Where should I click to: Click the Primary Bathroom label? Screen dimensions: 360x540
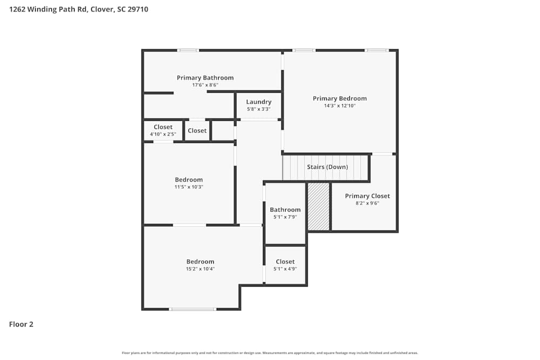(205, 78)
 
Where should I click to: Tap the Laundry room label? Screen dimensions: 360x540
(259, 102)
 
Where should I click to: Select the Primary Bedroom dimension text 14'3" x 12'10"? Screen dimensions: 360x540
(340, 106)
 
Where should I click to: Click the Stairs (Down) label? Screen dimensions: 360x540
(327, 167)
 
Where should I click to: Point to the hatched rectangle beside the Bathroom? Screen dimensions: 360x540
(318, 207)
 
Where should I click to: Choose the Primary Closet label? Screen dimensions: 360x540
(367, 196)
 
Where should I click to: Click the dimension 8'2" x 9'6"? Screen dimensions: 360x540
(367, 203)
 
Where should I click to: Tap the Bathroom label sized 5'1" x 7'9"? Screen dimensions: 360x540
(285, 209)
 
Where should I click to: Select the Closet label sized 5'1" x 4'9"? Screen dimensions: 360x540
(285, 262)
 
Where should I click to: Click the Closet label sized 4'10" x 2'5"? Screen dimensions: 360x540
(163, 127)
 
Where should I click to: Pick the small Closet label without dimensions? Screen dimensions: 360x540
(197, 131)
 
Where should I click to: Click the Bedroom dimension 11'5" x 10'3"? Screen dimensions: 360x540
(188, 187)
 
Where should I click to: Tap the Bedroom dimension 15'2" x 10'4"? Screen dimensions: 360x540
(200, 269)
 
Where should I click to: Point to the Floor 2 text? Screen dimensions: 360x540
(21, 324)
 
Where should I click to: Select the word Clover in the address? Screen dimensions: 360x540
(103, 9)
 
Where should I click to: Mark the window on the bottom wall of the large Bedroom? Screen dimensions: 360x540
(193, 309)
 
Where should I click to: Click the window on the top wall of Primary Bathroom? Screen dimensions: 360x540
(188, 50)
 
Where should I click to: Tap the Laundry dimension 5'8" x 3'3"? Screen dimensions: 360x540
(259, 109)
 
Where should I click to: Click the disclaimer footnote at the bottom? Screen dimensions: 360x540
(270, 353)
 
